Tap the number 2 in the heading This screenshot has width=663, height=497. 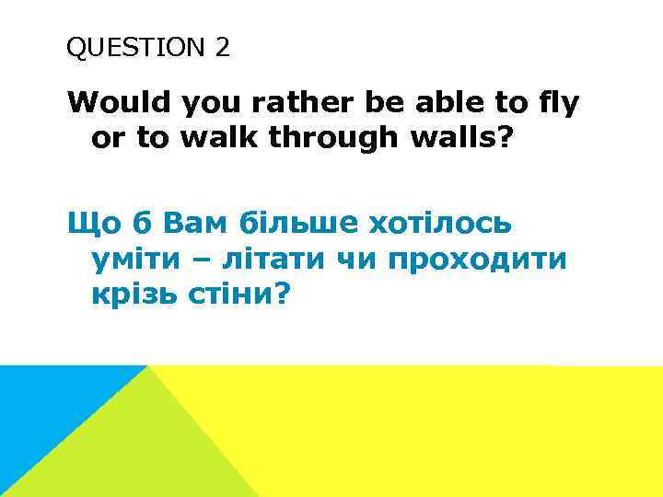coord(223,48)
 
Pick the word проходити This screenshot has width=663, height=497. coord(478,260)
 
